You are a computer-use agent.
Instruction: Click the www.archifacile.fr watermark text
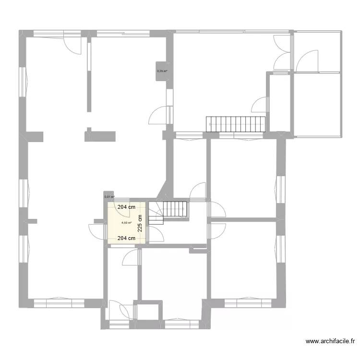pyautogui.click(x=330, y=342)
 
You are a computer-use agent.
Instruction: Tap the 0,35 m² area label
pyautogui.click(x=162, y=72)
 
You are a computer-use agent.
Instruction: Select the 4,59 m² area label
pyautogui.click(x=126, y=223)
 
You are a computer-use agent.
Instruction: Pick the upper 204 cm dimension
pyautogui.click(x=126, y=207)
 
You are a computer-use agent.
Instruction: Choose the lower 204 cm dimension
pyautogui.click(x=126, y=238)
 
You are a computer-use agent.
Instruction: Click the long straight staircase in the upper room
pyautogui.click(x=236, y=123)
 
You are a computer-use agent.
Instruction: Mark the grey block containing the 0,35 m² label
pyautogui.click(x=162, y=72)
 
